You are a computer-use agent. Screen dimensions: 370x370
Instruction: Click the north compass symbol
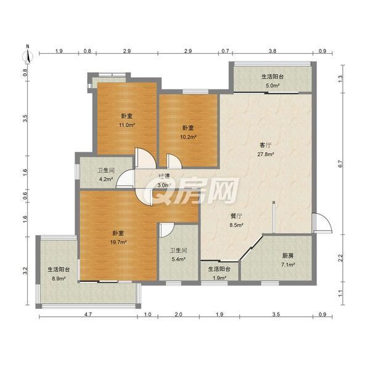[x=28, y=55]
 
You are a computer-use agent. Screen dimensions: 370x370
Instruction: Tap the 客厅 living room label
[x=265, y=146]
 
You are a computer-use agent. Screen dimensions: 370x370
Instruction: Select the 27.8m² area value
[x=265, y=154]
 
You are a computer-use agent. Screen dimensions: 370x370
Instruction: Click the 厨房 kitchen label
[x=288, y=256]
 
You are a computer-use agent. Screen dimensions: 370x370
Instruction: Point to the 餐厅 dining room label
[x=236, y=216]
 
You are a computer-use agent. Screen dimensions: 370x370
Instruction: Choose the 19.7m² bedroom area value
[x=118, y=242]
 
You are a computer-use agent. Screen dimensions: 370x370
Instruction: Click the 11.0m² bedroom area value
[x=126, y=125]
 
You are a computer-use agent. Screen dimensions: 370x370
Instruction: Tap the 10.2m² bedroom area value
[x=188, y=137]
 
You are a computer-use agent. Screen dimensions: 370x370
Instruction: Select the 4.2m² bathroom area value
[x=105, y=179]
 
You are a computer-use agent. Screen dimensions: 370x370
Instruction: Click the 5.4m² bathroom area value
[x=178, y=260]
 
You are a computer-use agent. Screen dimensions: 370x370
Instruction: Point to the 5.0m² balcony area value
[x=273, y=86]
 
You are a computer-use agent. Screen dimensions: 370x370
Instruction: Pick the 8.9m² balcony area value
[x=59, y=279]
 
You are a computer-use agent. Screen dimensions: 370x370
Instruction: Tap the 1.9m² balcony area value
[x=220, y=278]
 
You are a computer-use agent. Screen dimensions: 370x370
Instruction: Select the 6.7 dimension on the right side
[x=340, y=164]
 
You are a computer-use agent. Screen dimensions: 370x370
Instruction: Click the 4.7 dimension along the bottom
[x=88, y=314]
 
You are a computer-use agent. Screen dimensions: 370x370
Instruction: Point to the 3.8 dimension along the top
[x=273, y=51]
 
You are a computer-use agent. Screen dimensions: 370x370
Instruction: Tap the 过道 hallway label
[x=164, y=176]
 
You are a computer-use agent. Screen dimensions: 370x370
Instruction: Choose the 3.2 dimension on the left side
[x=25, y=271]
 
